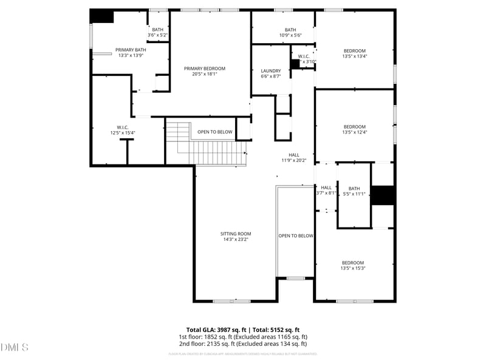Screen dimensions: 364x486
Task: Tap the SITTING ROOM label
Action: click(x=236, y=234)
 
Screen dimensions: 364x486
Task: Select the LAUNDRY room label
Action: click(x=270, y=71)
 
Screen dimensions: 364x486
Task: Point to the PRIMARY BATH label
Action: click(x=131, y=50)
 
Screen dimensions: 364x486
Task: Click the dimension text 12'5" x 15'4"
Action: click(x=122, y=133)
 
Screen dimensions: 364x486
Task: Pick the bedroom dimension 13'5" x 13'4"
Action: click(x=355, y=57)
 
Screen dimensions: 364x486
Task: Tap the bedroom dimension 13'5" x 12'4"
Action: click(x=355, y=132)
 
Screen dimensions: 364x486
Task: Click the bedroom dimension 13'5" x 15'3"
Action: click(x=352, y=268)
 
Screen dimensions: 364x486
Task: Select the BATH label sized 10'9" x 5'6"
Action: click(x=290, y=30)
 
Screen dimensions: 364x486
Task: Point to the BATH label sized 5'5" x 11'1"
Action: click(x=354, y=188)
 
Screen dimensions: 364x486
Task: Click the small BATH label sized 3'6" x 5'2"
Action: click(x=158, y=30)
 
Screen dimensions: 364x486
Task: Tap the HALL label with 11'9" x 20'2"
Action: click(x=294, y=155)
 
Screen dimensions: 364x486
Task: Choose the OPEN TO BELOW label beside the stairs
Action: click(x=214, y=132)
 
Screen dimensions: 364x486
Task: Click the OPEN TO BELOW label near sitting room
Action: click(x=296, y=235)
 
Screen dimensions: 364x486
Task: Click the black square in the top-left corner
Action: click(x=101, y=16)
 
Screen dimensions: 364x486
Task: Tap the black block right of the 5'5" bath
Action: click(x=383, y=195)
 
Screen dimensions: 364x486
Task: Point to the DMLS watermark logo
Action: click(x=15, y=348)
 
